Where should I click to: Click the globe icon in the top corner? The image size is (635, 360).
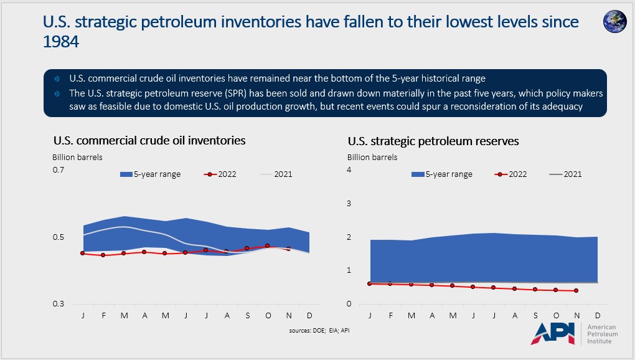click(x=614, y=21)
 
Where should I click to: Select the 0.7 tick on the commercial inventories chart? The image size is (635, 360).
click(x=58, y=170)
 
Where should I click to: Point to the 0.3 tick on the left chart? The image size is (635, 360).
click(x=58, y=304)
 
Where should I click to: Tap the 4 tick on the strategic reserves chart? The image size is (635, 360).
click(x=350, y=170)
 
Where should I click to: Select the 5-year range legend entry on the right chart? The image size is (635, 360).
click(x=443, y=174)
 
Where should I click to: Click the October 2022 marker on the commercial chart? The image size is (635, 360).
click(x=268, y=246)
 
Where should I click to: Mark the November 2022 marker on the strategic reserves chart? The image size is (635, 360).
click(x=576, y=291)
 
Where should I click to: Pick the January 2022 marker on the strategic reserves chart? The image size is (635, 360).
click(x=370, y=283)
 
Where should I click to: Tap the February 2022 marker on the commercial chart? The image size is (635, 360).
click(x=103, y=255)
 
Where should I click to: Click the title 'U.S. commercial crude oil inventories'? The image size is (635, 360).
click(x=149, y=141)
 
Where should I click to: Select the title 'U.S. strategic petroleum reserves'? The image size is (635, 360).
click(x=433, y=141)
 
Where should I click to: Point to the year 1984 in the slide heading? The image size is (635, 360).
click(x=61, y=42)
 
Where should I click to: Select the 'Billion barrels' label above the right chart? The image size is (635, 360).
click(x=372, y=158)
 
